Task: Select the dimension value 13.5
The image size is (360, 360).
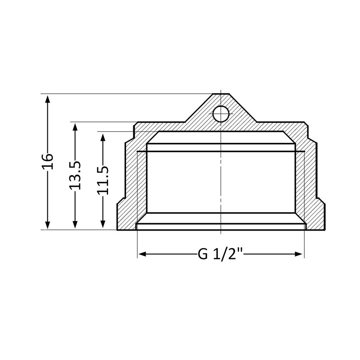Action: point(75,175)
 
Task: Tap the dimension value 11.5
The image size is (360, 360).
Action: point(103,180)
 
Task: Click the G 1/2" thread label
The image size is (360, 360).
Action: point(220,254)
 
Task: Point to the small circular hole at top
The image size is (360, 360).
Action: point(221,114)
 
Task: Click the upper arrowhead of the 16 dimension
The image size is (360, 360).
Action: point(47,98)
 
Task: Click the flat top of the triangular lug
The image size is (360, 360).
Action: point(220,94)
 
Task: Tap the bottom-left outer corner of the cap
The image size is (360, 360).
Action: point(118,230)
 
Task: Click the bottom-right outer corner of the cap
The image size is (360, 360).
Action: point(325,230)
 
